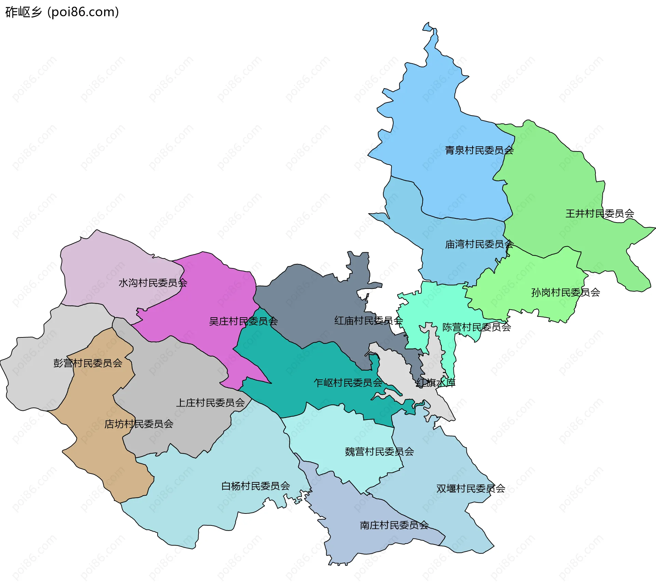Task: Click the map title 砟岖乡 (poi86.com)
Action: click(62, 12)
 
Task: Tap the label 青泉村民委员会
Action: click(479, 150)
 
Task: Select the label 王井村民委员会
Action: click(600, 214)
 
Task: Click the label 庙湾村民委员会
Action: click(479, 244)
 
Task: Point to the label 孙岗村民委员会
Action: click(565, 292)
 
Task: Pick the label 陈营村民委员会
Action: click(477, 327)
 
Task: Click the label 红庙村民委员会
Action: click(369, 320)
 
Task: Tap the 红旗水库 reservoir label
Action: click(436, 383)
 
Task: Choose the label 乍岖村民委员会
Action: click(348, 383)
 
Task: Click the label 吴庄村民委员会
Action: click(243, 321)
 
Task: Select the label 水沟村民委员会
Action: click(153, 283)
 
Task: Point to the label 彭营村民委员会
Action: click(88, 363)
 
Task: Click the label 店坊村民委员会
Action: click(139, 424)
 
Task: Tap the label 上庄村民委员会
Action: click(210, 403)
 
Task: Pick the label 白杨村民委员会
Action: click(256, 486)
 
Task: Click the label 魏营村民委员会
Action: click(379, 452)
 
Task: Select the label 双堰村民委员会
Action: click(470, 489)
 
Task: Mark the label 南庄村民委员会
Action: click(394, 525)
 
